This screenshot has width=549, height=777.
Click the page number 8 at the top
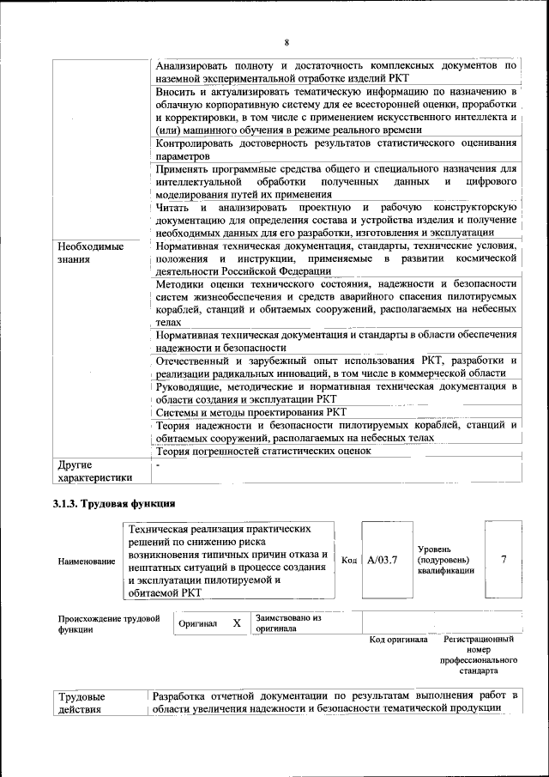pos(287,43)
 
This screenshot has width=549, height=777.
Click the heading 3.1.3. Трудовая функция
pos(114,503)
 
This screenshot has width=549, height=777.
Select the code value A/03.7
pos(382,561)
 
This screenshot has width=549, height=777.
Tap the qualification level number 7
pos(504,561)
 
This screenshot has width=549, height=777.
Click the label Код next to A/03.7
pos(349,561)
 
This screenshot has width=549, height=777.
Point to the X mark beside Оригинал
pos(237,623)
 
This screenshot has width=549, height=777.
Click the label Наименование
pos(87,562)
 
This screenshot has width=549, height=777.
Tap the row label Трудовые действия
pos(81,701)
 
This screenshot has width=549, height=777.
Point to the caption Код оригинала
pos(398,640)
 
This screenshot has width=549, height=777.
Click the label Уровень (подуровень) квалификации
pos(445,560)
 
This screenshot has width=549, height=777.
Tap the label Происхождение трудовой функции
pos(109,623)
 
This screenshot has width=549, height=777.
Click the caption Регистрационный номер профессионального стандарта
pos(479,655)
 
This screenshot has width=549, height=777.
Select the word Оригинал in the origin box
pos(197,624)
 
